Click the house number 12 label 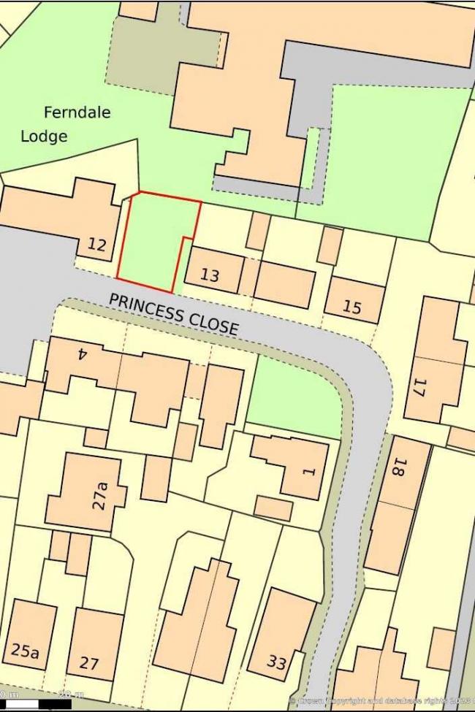click(96, 245)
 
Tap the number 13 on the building click(210, 275)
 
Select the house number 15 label click(351, 307)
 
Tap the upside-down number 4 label click(82, 354)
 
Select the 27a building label click(100, 494)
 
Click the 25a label click(26, 651)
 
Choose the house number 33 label click(276, 662)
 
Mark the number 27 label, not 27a click(89, 663)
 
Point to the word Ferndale click(77, 112)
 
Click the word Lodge click(44, 136)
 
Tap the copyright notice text click(380, 700)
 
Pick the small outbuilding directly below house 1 click(273, 508)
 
